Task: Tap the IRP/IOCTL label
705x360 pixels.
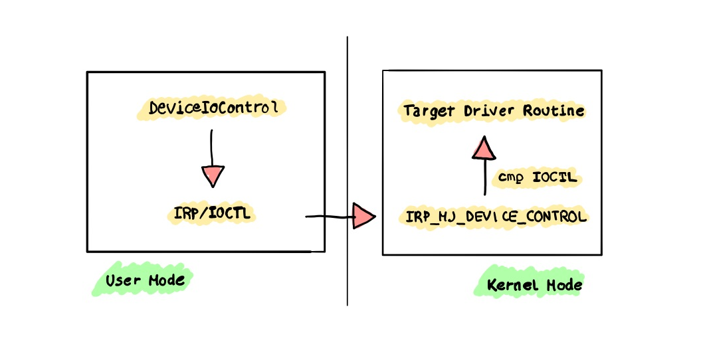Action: (x=212, y=213)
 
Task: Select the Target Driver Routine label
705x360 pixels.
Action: (x=494, y=111)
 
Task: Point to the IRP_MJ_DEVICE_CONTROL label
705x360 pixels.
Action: (x=496, y=217)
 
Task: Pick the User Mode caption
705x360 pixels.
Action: (x=145, y=280)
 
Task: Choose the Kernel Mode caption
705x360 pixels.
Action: (x=535, y=284)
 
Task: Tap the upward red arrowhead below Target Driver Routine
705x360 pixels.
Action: (x=484, y=148)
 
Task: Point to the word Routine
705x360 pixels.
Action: (x=554, y=110)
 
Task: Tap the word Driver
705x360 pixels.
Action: (x=488, y=111)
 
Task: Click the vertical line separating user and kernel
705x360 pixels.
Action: (x=347, y=171)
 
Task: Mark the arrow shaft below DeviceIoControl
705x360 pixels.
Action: (x=211, y=148)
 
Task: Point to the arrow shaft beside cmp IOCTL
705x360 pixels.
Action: (x=484, y=177)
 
